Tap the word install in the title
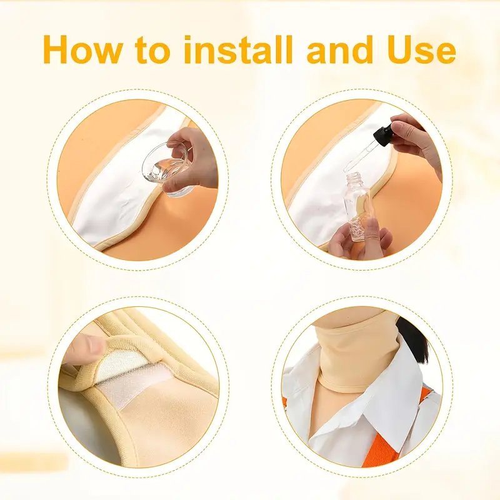(x=238, y=49)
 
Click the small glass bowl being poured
(x=167, y=170)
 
